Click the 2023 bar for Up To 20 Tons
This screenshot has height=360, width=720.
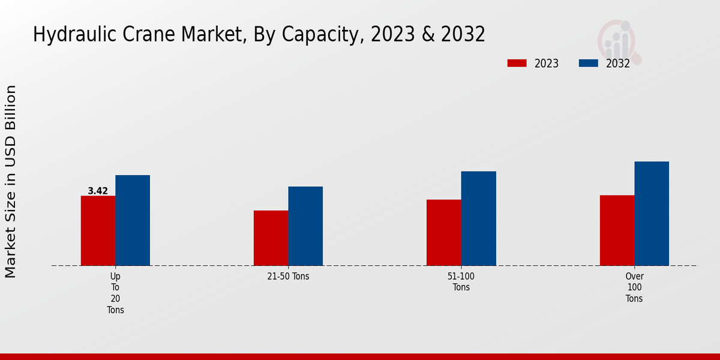[x=98, y=230]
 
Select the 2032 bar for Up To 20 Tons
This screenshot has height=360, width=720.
[x=133, y=220]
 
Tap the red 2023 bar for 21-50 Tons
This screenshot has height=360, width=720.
[x=271, y=238]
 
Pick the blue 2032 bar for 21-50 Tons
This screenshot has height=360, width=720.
[x=305, y=226]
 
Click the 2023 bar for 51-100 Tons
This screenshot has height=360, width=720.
[x=444, y=232]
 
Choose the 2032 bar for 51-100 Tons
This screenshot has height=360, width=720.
[x=479, y=218]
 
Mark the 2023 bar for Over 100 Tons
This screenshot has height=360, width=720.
[x=617, y=230]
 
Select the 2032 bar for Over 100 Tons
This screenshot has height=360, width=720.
[x=652, y=214]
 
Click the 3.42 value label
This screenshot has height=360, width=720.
[x=98, y=191]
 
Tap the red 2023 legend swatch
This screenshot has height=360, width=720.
[x=517, y=63]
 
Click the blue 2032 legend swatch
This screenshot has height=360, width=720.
[x=588, y=63]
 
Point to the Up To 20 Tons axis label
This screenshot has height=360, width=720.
[x=115, y=293]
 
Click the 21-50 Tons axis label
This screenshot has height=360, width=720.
[x=288, y=277]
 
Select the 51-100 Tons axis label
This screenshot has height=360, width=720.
[x=461, y=282]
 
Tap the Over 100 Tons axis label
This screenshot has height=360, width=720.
[x=634, y=287]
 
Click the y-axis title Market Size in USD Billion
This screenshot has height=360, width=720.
[x=11, y=181]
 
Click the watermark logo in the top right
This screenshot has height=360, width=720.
[x=619, y=41]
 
